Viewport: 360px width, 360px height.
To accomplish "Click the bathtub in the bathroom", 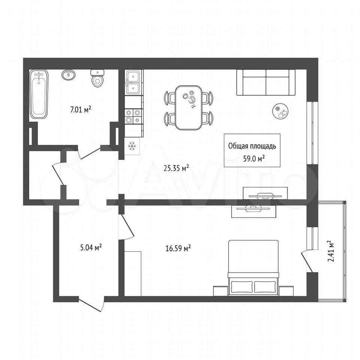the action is click(x=39, y=94).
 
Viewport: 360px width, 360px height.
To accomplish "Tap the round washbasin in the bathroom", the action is click(x=68, y=75).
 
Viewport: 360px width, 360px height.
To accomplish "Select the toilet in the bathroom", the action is click(x=97, y=78).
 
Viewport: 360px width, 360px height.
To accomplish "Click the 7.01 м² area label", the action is click(x=81, y=110).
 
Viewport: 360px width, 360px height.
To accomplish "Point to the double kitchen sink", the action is click(x=133, y=82).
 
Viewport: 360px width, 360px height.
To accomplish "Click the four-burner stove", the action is click(x=133, y=116).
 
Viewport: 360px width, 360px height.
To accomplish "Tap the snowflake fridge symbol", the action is click(x=132, y=146).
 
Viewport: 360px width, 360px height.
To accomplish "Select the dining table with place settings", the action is click(x=189, y=108).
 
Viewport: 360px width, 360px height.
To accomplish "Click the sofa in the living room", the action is click(x=266, y=82).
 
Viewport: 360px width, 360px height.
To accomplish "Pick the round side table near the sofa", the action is click(x=280, y=111).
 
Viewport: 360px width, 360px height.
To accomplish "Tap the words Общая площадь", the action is click(x=252, y=146).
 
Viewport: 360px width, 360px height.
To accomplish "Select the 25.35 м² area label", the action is click(x=176, y=168).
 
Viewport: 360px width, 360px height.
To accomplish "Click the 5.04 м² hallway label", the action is click(x=91, y=248).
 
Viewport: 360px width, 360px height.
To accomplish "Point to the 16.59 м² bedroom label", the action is click(x=178, y=248).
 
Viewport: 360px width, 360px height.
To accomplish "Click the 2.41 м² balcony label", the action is click(x=331, y=251).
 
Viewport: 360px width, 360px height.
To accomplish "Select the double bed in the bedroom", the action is click(x=253, y=268).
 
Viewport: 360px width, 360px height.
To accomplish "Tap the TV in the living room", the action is click(x=265, y=196).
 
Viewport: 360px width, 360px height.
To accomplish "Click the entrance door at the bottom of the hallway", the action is click(x=91, y=304).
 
